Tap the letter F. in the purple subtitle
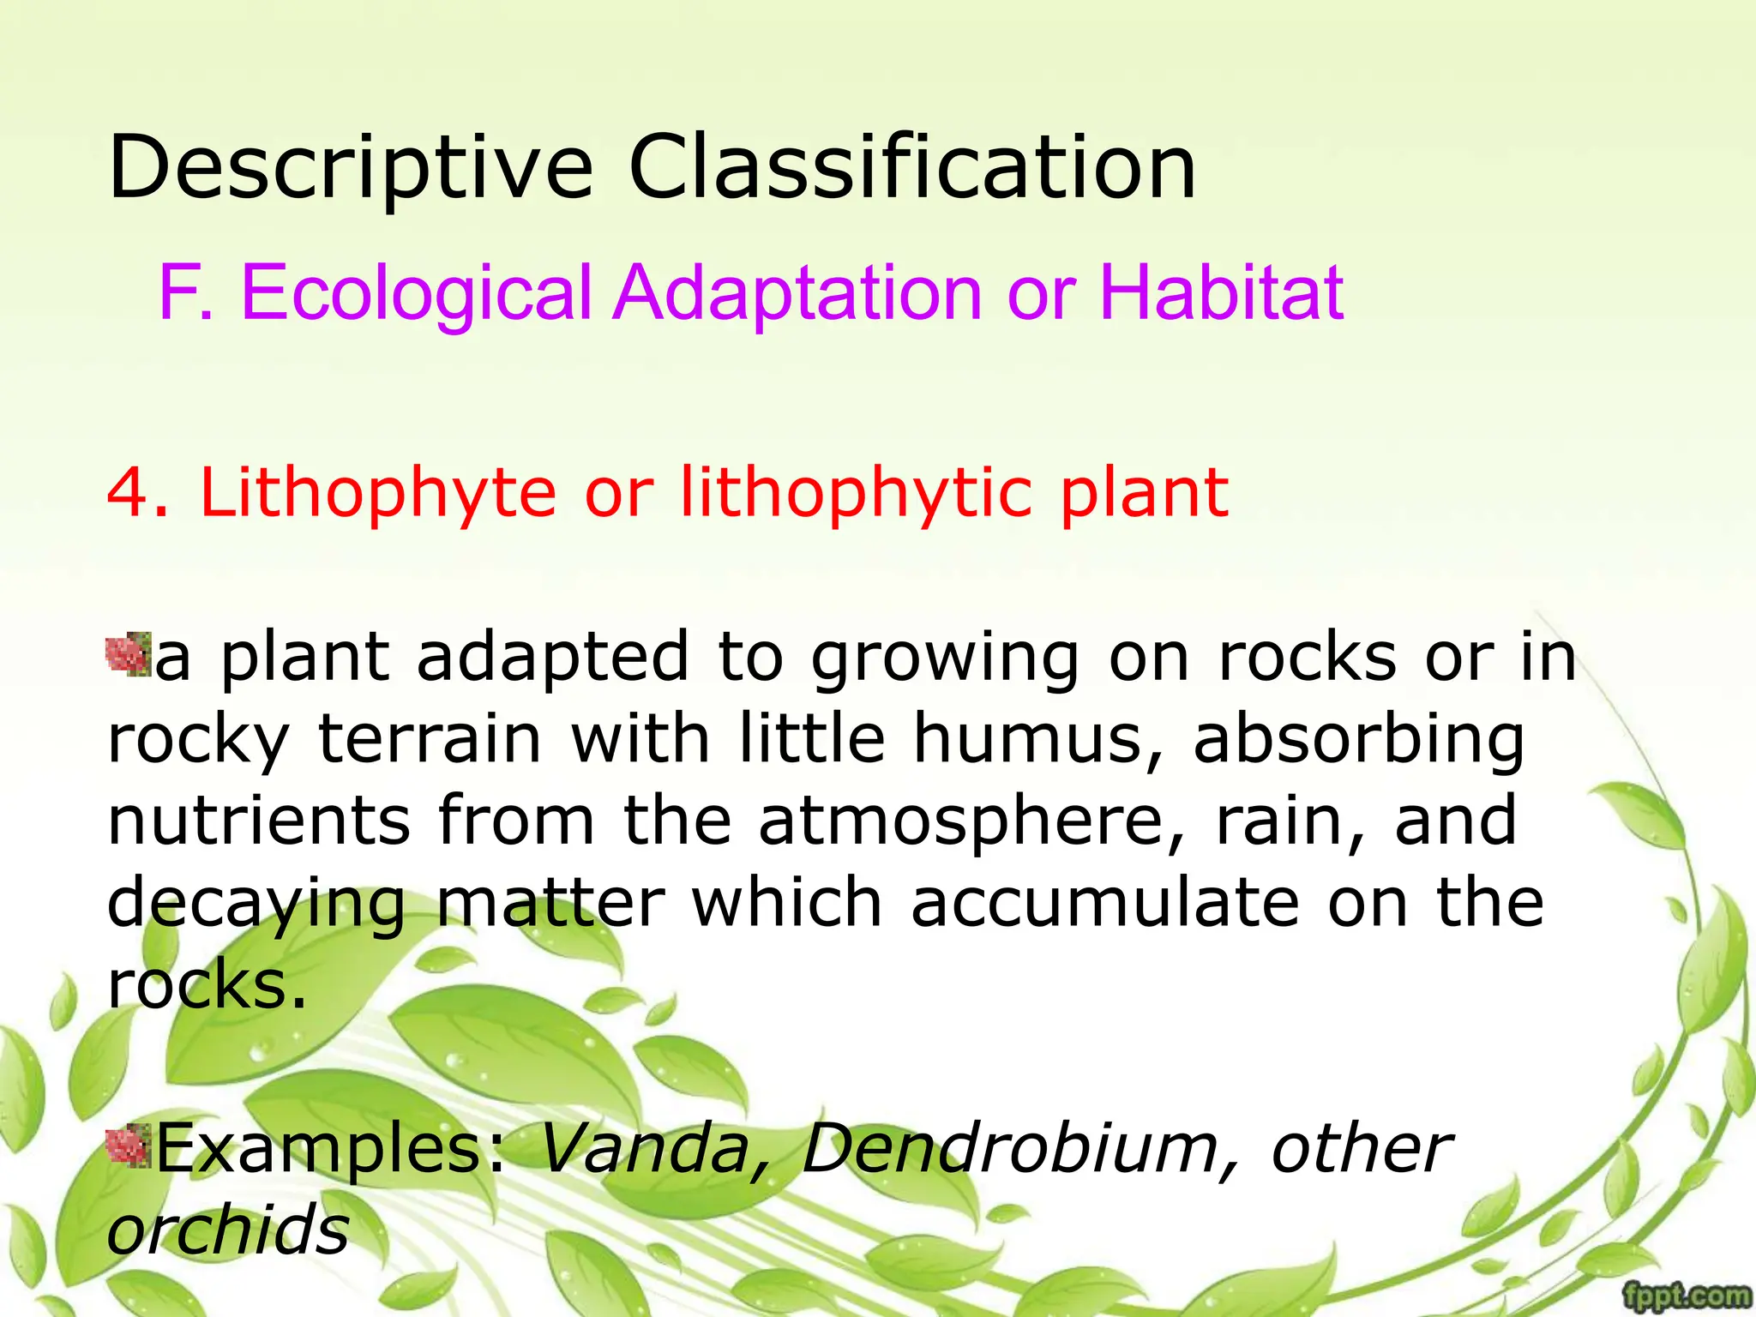185,292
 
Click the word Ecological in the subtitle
417,294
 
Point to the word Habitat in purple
1221,292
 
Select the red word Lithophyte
378,495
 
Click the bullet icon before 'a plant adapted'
128,654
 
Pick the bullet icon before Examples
128,1148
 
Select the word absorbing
1358,740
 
